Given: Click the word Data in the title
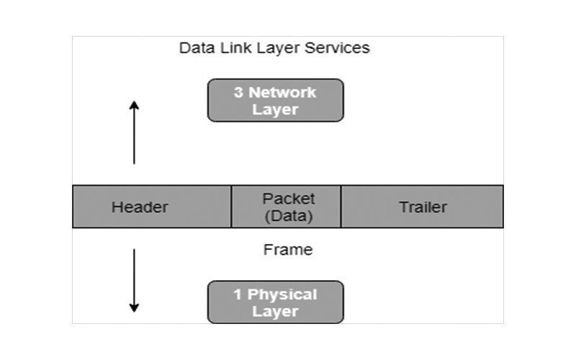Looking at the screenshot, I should pos(194,48).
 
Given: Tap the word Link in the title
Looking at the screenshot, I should pos(229,48).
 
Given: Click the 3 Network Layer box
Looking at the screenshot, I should pos(275,100).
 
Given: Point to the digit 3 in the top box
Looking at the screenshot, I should pos(238,92).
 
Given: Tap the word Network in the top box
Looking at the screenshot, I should pos(282,92).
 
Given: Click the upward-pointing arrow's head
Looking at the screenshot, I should pos(134,105).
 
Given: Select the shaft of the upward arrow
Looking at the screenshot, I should pos(134,137).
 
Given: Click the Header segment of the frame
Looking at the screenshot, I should pos(152,207).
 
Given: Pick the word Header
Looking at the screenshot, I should pos(140,207).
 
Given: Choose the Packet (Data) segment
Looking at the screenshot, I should pos(286,207).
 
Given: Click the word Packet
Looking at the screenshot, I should pos(289,198).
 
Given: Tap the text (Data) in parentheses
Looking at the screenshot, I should pos(289,215).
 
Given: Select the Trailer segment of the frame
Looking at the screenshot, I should pos(422,207).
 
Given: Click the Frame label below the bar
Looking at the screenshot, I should pos(288,250).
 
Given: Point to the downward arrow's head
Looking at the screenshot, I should pos(134,307).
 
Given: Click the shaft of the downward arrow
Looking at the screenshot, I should pos(134,277).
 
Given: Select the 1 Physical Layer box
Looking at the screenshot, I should pos(275,302).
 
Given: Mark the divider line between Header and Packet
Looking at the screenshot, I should pos(231,207).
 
